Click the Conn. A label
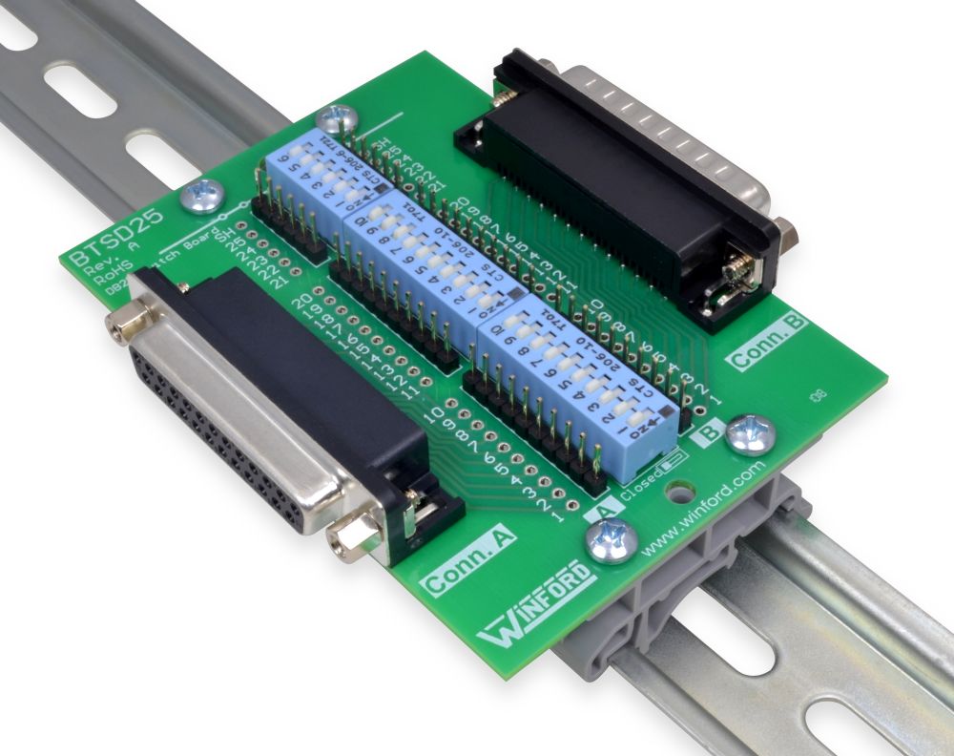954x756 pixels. tap(468, 563)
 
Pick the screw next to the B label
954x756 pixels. tap(751, 433)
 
